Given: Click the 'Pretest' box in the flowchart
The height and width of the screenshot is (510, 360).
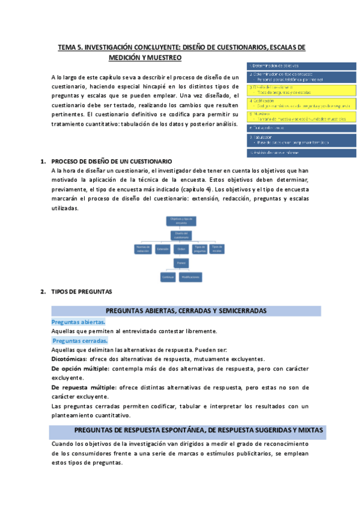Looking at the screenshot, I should click(x=180, y=263).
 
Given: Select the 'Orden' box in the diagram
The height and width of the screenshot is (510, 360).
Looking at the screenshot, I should click(x=180, y=248).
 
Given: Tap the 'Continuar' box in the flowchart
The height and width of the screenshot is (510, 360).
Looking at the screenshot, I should click(x=168, y=277).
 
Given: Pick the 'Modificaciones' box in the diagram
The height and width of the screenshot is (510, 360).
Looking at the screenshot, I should click(x=191, y=277).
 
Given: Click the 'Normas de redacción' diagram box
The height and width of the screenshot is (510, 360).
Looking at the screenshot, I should click(x=142, y=248).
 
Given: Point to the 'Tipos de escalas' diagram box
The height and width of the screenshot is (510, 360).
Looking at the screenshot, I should click(x=217, y=248).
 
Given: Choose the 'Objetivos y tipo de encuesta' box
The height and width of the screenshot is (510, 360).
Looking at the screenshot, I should click(x=180, y=221).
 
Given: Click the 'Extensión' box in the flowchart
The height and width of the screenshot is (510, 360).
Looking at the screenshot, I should click(x=162, y=248).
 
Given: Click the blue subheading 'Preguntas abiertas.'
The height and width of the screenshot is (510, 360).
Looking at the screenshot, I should click(x=78, y=322).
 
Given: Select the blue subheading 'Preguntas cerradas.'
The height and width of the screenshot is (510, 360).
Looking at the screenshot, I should click(x=80, y=341).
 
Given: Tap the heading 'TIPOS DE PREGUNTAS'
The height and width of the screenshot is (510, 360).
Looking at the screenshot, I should click(x=82, y=292).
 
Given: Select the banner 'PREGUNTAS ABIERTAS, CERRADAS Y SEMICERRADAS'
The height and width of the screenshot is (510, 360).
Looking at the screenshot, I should click(x=186, y=311).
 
